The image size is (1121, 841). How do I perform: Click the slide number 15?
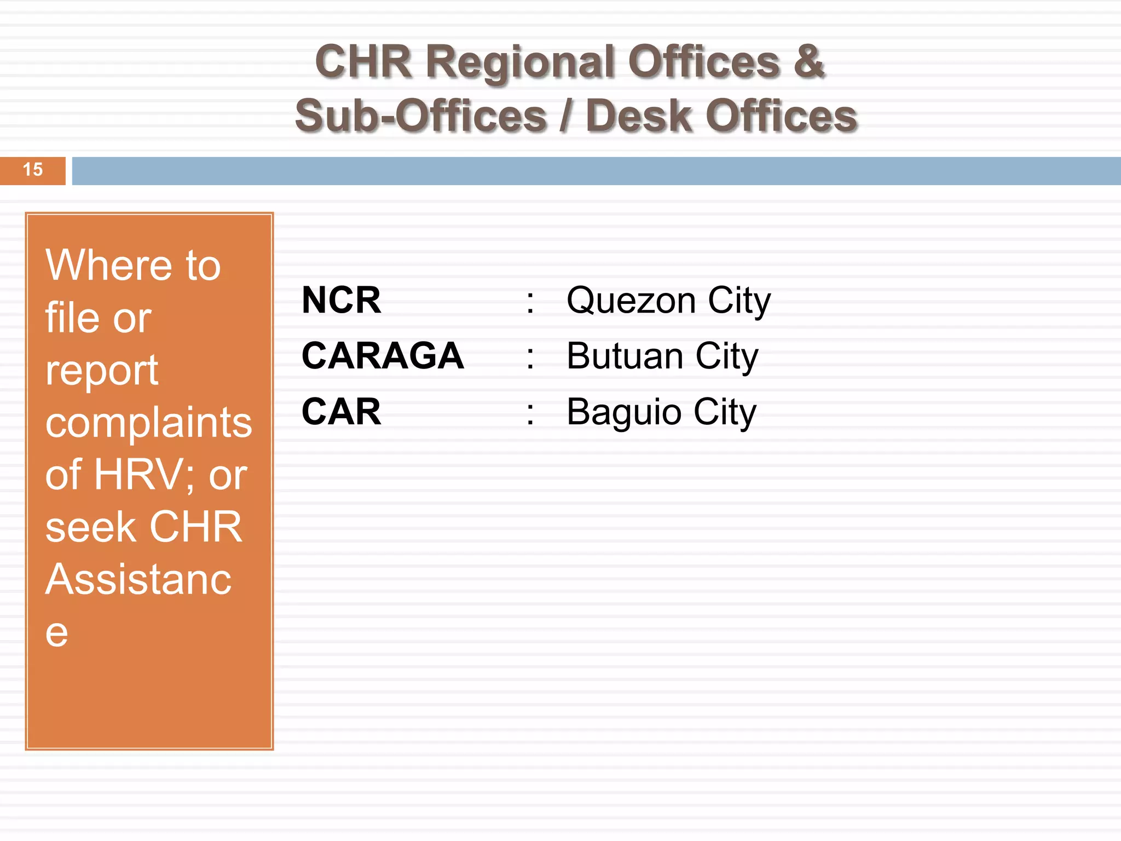33,170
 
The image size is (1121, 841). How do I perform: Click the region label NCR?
341,300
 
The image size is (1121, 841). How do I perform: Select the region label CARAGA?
383,356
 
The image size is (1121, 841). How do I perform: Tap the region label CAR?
341,412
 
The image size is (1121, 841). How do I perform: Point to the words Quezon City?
668,301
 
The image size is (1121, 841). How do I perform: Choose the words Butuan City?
662,357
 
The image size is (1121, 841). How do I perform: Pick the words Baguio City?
661,412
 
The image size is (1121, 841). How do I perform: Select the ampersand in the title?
808,61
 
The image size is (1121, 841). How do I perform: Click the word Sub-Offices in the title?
421,116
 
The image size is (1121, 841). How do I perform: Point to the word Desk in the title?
638,116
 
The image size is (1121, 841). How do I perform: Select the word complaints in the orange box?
148,423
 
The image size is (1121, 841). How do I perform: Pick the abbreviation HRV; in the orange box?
145,475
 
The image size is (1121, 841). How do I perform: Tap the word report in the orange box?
102,371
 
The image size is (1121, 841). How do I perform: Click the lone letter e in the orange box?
56,633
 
